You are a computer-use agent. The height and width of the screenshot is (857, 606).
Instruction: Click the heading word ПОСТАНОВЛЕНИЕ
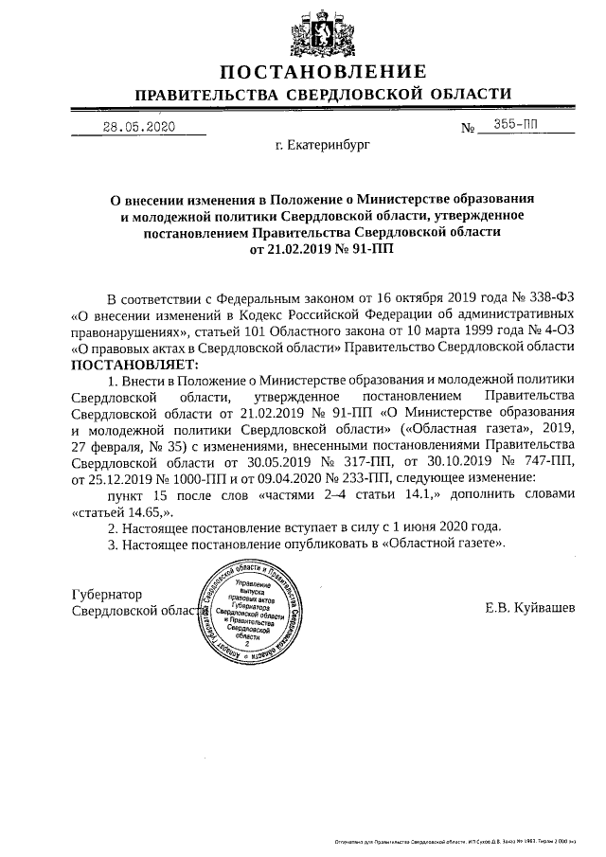(323, 72)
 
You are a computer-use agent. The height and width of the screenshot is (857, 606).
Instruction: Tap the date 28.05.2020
(139, 127)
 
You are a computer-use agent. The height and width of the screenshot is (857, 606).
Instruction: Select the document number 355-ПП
(515, 126)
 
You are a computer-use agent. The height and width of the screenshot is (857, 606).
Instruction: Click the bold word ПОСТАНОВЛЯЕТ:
(132, 364)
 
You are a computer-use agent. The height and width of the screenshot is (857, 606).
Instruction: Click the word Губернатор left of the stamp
(107, 594)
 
